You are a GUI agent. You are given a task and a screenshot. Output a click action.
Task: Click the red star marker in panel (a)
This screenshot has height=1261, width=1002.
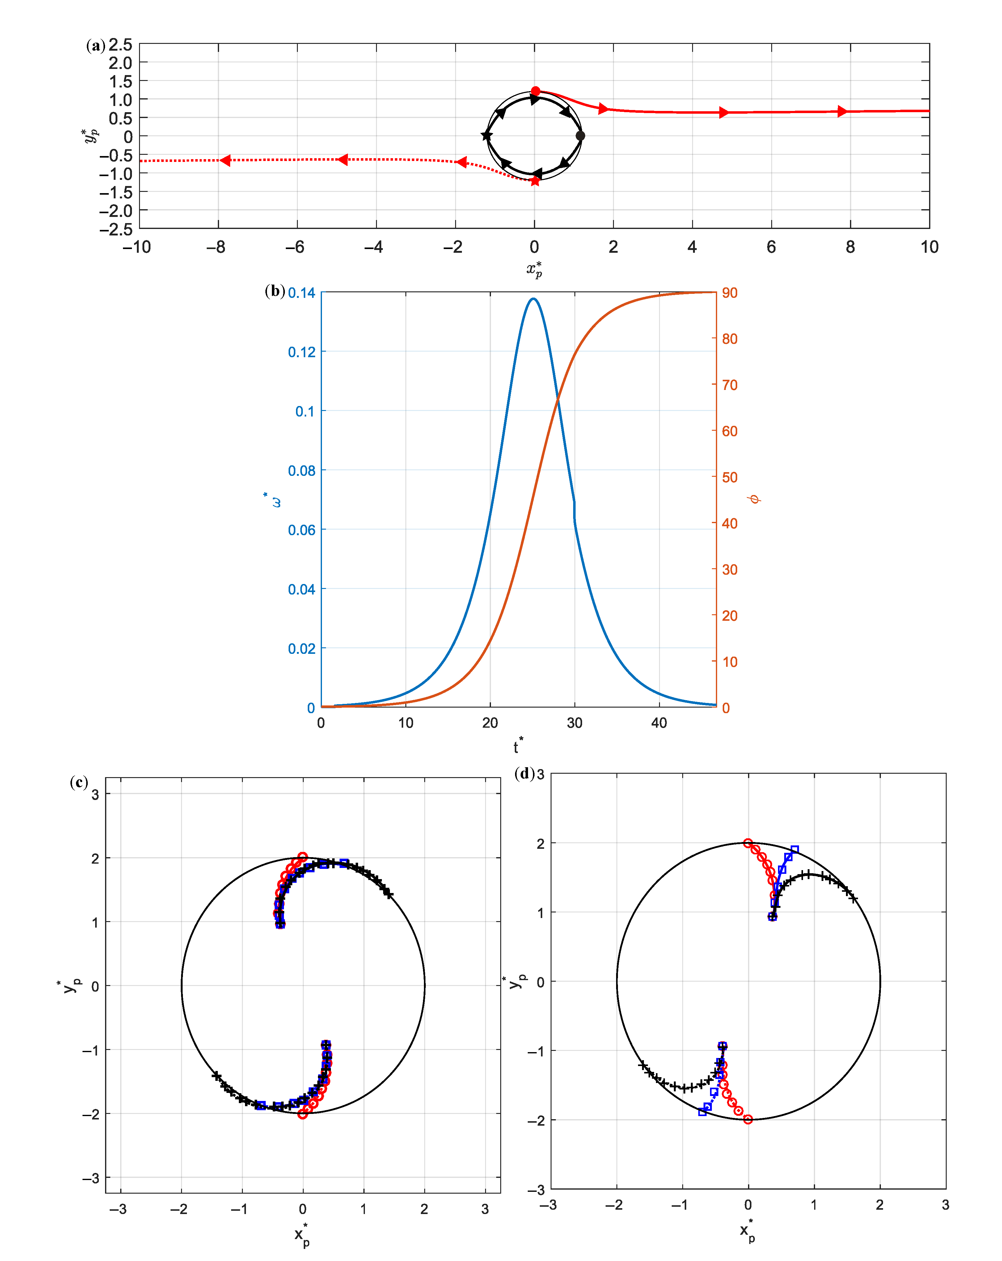pos(535,181)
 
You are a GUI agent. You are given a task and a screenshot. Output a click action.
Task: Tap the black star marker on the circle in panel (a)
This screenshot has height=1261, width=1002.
pos(486,136)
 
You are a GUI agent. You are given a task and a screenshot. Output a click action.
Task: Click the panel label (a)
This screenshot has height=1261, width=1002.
pos(95,46)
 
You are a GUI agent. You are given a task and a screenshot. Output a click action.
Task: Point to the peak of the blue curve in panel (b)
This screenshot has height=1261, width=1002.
pos(533,299)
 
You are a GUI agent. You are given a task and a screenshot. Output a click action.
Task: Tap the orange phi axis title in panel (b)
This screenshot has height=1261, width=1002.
pos(755,499)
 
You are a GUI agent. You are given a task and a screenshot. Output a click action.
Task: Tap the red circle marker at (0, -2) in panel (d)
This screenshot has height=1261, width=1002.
pos(747,1119)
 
